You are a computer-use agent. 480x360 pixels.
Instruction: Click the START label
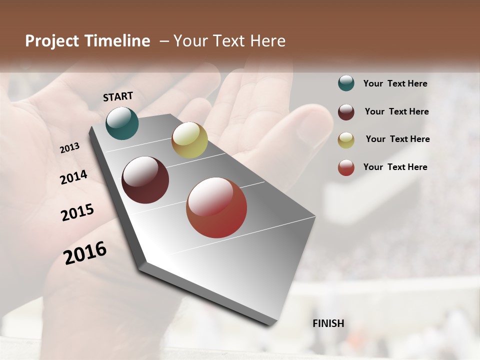[118, 96]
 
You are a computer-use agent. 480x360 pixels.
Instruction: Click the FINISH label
[328, 323]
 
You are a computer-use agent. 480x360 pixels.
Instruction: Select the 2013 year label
[69, 148]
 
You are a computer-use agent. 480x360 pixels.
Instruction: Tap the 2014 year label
[73, 177]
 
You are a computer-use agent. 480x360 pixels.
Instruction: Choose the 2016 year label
[85, 253]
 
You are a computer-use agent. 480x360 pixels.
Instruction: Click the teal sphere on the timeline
[122, 123]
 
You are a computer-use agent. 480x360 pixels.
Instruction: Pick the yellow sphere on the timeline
[189, 140]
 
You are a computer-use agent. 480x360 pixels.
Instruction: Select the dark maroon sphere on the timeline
[145, 180]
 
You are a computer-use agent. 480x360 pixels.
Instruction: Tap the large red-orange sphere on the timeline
[216, 208]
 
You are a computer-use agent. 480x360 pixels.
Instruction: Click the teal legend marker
[346, 83]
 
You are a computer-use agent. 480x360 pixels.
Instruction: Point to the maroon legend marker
[346, 112]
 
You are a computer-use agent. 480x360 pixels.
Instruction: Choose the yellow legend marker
[346, 140]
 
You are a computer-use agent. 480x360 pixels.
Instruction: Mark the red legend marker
[346, 167]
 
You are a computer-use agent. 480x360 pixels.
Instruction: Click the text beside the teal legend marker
[395, 83]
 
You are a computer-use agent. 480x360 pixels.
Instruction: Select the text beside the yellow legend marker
[397, 139]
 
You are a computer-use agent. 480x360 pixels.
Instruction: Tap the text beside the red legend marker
[395, 167]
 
